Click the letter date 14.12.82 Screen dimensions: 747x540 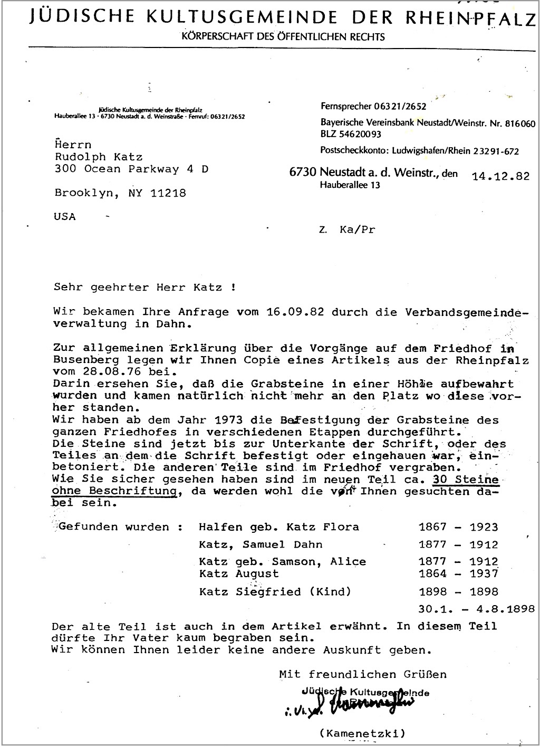pos(500,176)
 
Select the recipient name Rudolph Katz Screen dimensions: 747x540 pos(99,157)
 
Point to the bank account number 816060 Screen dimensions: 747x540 pos(520,124)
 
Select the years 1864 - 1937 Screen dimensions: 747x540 pos(458,573)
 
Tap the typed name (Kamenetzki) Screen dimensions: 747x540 pos(362,733)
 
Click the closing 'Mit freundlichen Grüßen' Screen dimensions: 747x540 pos(363,674)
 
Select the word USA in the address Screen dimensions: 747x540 pos(65,217)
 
